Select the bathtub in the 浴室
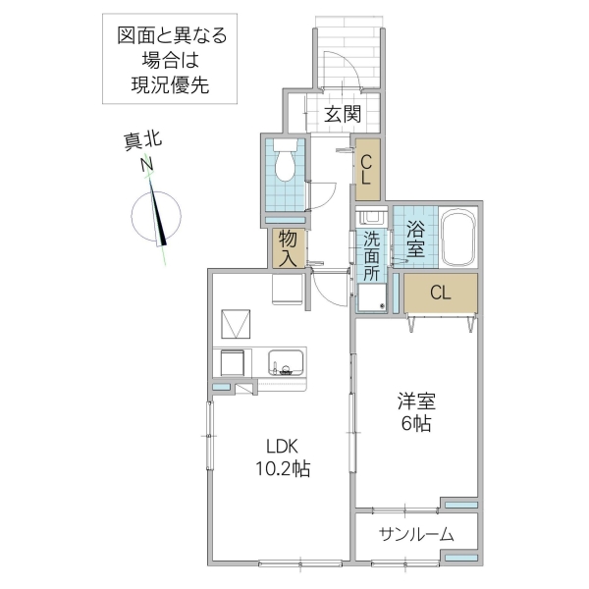[x=457, y=239]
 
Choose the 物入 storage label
[x=288, y=248]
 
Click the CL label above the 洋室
[x=440, y=292]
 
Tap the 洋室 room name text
[x=416, y=401]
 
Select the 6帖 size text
[x=416, y=424]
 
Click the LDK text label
[x=279, y=444]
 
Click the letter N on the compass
[x=147, y=166]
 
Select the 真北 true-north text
[x=142, y=142]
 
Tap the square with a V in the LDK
[x=237, y=322]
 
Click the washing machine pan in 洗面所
[x=372, y=297]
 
